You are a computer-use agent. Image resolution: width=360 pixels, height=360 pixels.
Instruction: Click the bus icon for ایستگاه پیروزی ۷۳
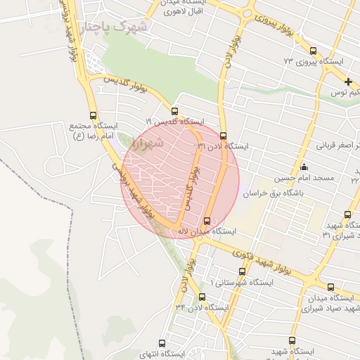[x=313, y=51]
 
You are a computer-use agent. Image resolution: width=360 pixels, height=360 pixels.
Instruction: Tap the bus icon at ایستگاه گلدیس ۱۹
[x=175, y=110]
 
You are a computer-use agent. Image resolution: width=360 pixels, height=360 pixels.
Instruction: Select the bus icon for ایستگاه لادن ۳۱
[x=224, y=136]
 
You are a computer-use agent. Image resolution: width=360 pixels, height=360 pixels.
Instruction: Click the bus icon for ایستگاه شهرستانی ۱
[x=223, y=271]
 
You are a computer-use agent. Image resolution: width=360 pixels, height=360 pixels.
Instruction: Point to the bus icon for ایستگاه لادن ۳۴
[x=202, y=297]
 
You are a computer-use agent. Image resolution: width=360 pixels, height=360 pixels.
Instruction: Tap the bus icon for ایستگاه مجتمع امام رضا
[x=94, y=115]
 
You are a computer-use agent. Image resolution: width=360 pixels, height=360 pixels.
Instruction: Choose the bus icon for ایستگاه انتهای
[x=162, y=344]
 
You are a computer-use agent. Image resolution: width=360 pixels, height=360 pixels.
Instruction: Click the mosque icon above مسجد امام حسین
[x=304, y=167]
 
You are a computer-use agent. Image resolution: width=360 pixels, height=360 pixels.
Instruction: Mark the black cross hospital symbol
[x=348, y=82]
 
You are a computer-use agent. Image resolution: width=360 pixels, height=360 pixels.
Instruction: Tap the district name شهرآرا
[x=147, y=143]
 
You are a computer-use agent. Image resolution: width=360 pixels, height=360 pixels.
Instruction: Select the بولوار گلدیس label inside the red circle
[x=188, y=186]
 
